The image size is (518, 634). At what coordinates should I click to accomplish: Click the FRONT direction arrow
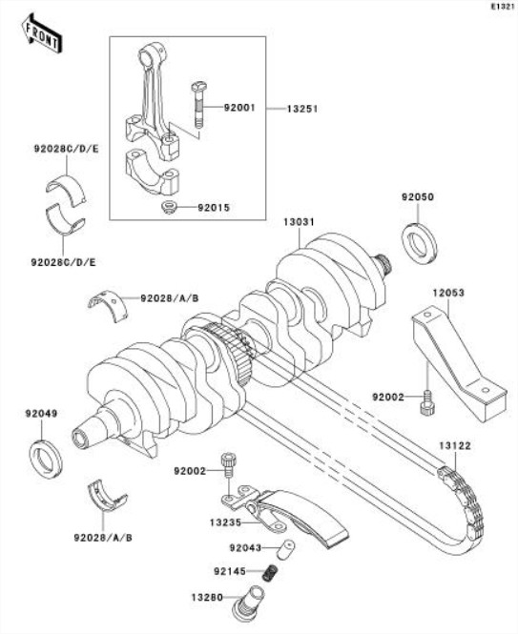[x=42, y=33]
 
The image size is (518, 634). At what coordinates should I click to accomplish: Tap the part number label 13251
[x=302, y=110]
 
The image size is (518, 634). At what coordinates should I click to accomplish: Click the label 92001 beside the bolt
[x=239, y=108]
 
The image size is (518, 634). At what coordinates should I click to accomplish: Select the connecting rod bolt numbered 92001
[x=197, y=105]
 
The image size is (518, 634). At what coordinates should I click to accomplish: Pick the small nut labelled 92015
[x=168, y=208]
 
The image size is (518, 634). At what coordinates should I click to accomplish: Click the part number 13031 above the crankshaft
[x=299, y=222]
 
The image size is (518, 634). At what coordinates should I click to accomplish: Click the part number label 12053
[x=448, y=293]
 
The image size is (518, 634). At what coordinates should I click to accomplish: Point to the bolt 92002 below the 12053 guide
[x=427, y=402]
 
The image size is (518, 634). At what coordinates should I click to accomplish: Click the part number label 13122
[x=455, y=446]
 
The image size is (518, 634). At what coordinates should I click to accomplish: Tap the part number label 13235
[x=225, y=522]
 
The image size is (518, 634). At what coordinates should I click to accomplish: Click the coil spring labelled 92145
[x=270, y=572]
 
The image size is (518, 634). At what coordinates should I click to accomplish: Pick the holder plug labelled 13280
[x=249, y=603]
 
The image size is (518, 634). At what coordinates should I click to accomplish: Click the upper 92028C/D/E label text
[x=66, y=149]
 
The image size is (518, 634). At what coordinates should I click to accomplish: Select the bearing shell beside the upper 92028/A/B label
[x=107, y=305]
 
